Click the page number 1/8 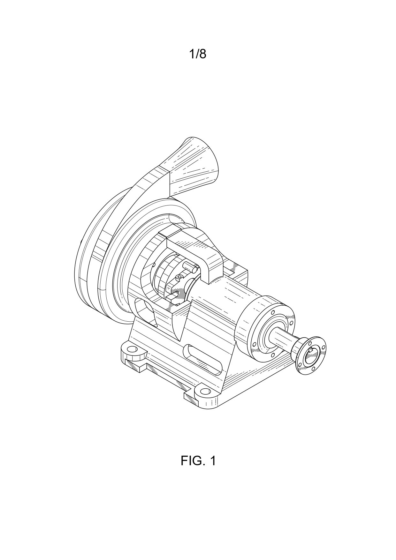tap(198, 54)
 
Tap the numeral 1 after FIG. tap(212, 461)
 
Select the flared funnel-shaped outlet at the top tap(193, 166)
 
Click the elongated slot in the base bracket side tap(202, 359)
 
